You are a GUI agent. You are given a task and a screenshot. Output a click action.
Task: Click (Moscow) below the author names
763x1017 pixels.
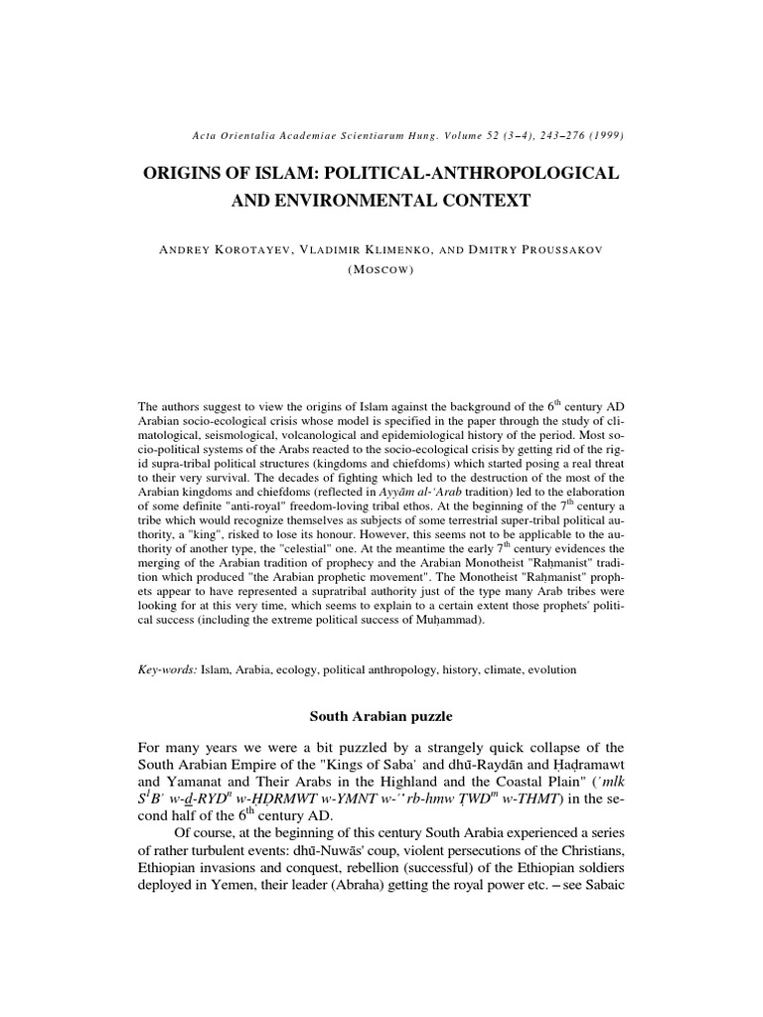tap(381, 268)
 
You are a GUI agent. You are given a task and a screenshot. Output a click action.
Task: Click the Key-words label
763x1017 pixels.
tap(166, 670)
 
